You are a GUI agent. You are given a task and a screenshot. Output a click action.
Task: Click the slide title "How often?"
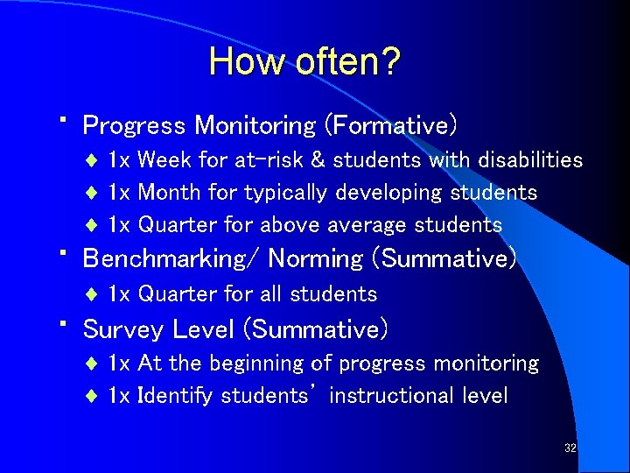point(304,62)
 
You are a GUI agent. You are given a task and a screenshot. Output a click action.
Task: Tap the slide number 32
point(570,448)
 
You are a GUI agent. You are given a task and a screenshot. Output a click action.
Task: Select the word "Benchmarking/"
point(171,259)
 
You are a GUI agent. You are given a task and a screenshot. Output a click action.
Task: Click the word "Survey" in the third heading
point(123,330)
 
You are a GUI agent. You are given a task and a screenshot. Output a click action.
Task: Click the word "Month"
point(166,192)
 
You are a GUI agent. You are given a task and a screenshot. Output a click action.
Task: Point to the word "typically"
point(281,192)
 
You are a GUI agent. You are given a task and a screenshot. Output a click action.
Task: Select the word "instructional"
point(398,396)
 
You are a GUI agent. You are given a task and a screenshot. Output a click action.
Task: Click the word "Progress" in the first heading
point(134,126)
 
